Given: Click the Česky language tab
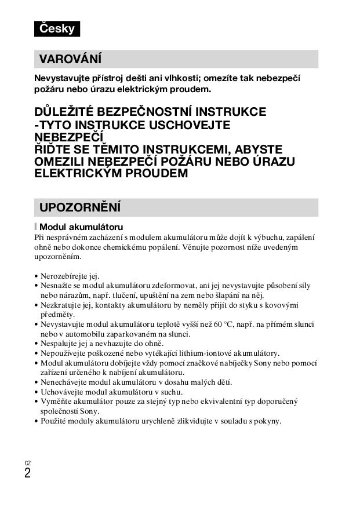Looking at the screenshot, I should pos(57,28).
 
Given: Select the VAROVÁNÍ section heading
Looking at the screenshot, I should pos(70,59).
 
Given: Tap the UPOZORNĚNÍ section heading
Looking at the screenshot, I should pos(79,207).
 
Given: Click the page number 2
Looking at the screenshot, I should pos(27,473).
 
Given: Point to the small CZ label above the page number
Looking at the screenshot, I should pos(27,463).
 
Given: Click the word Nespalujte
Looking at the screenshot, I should pos(59,344).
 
